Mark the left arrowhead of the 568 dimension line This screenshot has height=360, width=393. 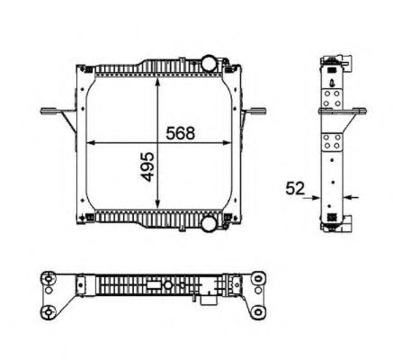tap(88, 143)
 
